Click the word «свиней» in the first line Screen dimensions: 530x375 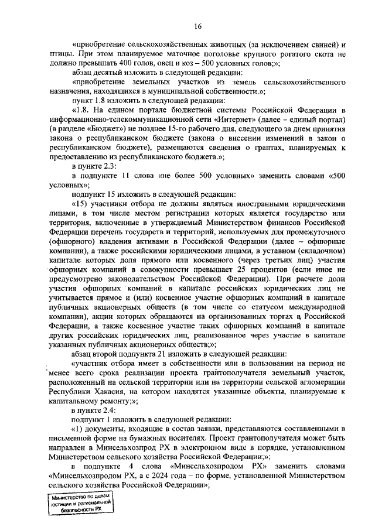pyautogui.click(x=317, y=46)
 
